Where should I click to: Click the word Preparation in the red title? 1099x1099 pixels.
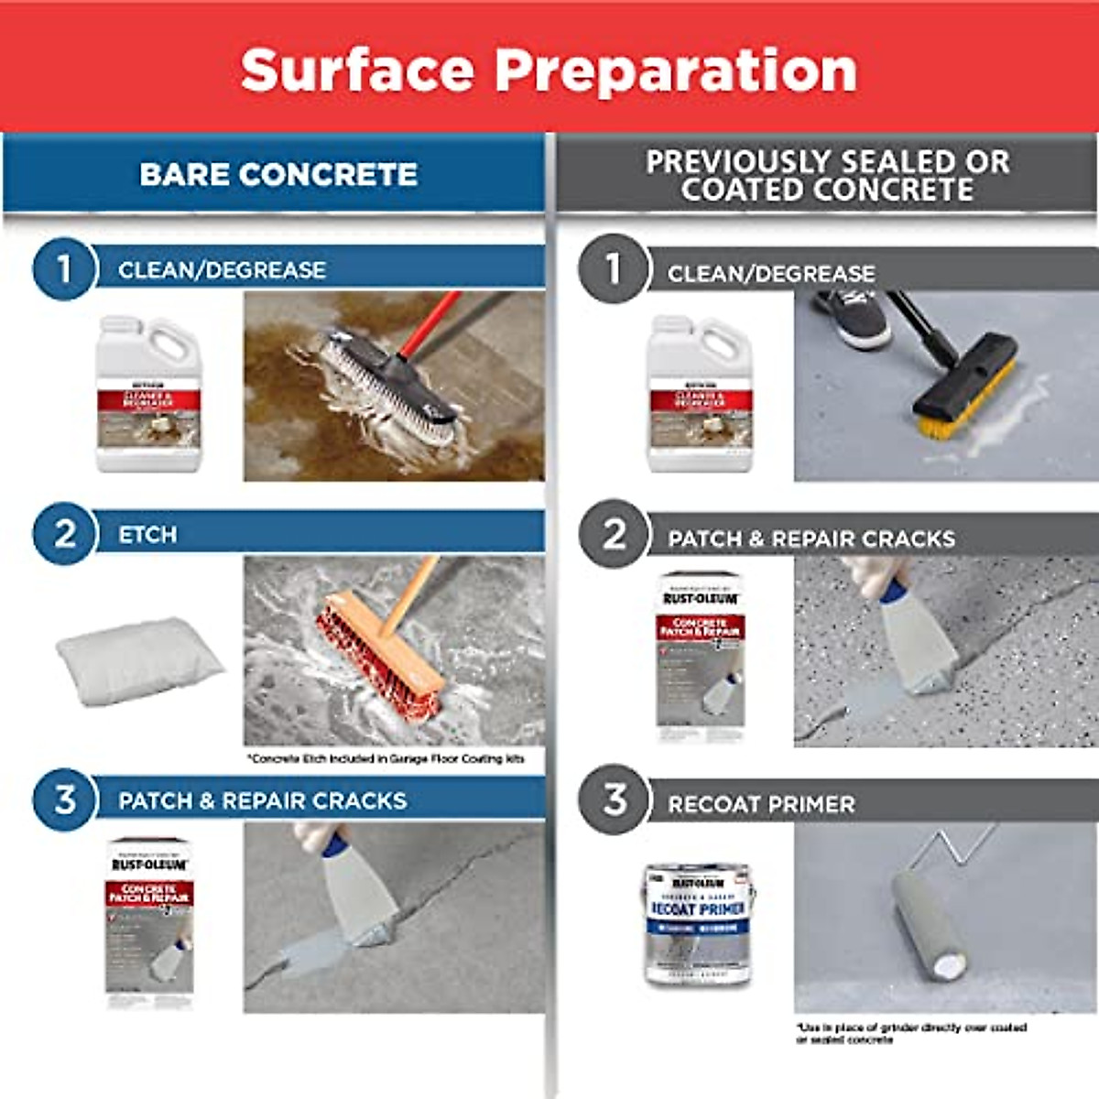coord(676,71)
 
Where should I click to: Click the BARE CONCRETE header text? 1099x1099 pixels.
coord(278,174)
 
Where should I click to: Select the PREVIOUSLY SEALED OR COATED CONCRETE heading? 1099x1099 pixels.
coord(827,175)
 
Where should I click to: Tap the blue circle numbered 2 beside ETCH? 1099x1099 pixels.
coord(64,534)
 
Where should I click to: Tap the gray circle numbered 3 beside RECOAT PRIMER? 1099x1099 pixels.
coord(614,800)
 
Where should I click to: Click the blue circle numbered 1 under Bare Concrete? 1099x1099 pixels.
coord(64,269)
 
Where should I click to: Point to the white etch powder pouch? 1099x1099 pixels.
coord(139,658)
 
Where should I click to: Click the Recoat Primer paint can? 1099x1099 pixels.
coord(698,923)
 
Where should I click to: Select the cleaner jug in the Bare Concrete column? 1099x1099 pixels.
coord(148,394)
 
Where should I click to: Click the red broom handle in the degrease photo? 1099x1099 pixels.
coord(430,324)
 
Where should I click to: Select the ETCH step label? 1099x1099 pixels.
coord(147,535)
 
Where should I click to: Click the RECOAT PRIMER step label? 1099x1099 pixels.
coord(761,804)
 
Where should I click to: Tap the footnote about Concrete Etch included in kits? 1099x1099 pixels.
coord(386,758)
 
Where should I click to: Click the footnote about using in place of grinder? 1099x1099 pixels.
coord(910,1033)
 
